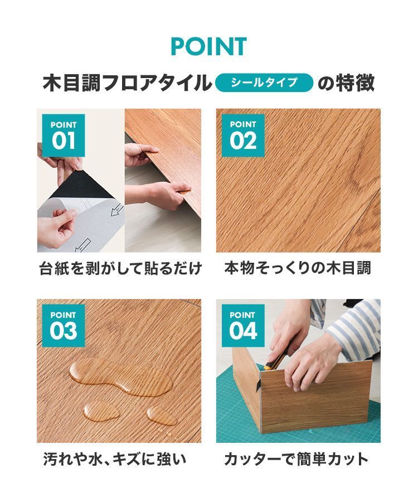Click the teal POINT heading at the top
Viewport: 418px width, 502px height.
(x=208, y=46)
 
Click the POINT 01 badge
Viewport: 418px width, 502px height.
(x=64, y=135)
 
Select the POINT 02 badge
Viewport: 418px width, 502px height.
(x=242, y=135)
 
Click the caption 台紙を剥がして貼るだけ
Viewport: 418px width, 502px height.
(x=120, y=269)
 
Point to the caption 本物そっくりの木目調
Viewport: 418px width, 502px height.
(x=298, y=269)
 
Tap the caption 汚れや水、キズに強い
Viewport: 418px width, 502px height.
(x=114, y=459)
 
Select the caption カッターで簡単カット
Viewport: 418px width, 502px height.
(x=296, y=459)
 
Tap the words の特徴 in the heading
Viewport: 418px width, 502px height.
(x=346, y=83)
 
